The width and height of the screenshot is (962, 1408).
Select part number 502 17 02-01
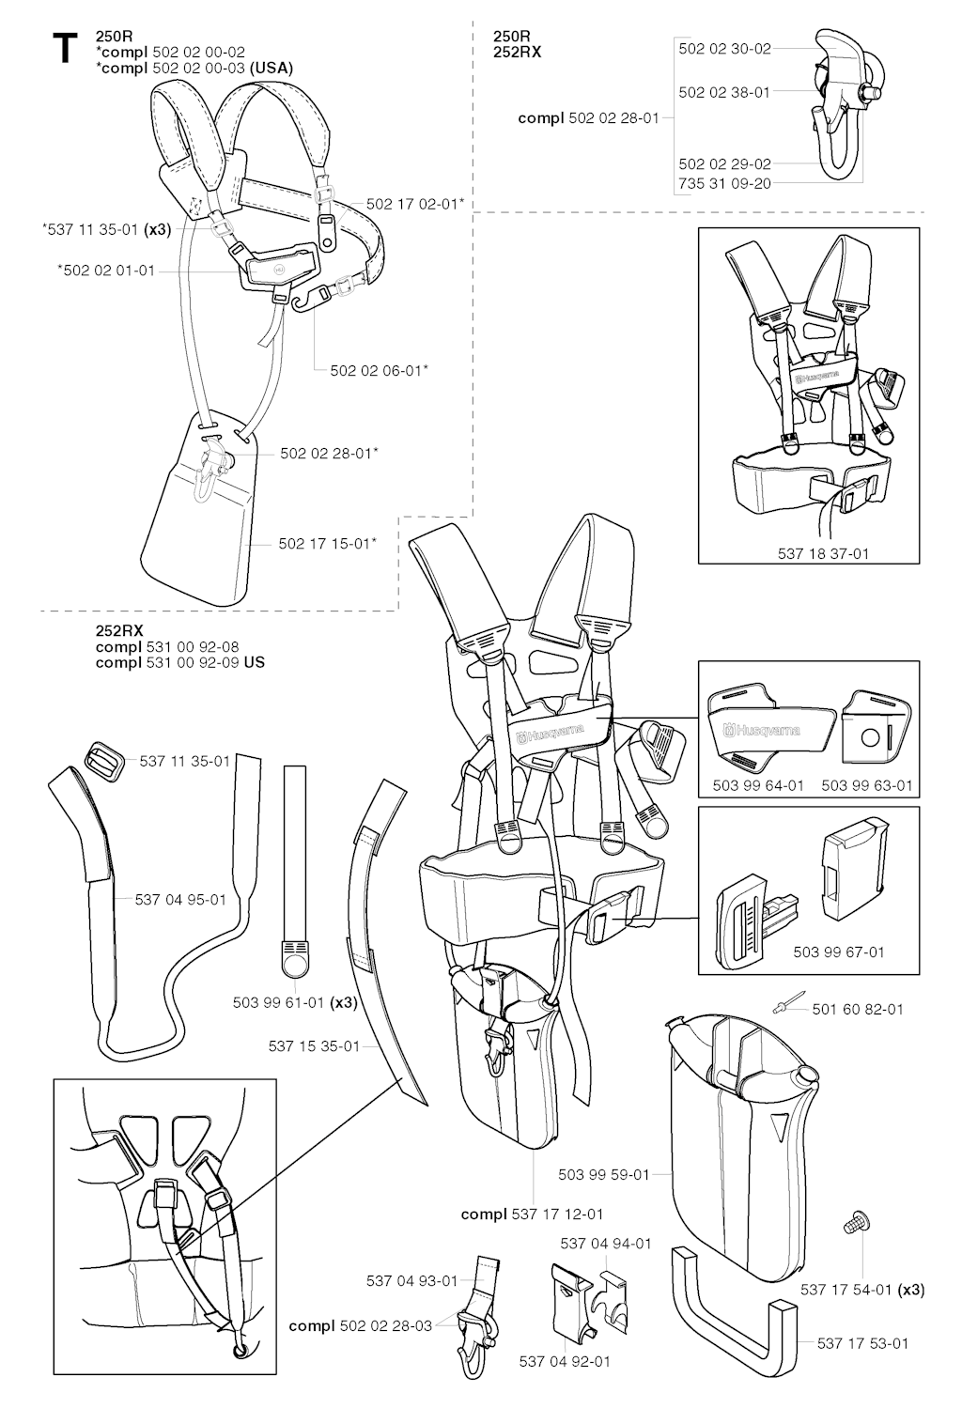point(411,204)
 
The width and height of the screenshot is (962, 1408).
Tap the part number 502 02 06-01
point(376,370)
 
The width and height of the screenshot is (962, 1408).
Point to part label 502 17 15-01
point(324,543)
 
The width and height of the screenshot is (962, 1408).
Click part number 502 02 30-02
point(725,49)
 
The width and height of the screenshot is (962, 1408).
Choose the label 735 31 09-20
point(725,183)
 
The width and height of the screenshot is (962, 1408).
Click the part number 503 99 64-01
point(758,785)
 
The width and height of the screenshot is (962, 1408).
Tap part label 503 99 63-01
point(867,785)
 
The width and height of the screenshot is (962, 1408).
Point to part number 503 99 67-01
point(839,952)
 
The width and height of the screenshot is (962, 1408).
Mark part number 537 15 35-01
point(314,1046)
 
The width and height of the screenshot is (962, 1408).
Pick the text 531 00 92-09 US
point(206,662)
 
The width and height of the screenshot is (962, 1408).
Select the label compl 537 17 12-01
point(532,1215)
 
